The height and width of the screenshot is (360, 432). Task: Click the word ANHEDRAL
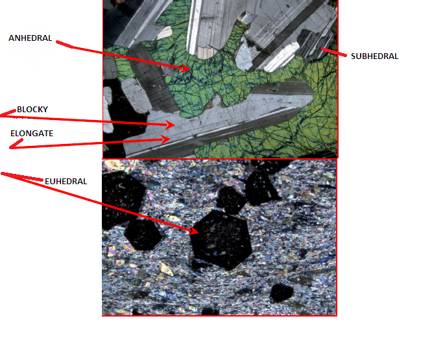point(30,38)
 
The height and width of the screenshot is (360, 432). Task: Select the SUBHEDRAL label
point(374,56)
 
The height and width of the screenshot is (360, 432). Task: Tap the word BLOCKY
point(32,110)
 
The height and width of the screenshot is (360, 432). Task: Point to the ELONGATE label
point(32,134)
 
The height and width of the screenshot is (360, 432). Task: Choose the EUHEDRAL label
point(66,181)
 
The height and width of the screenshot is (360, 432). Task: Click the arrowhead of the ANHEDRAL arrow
point(185,68)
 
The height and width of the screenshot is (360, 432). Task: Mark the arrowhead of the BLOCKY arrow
point(170,125)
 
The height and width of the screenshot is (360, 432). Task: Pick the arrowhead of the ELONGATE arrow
point(166,139)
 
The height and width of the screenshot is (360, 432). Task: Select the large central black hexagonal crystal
point(221,239)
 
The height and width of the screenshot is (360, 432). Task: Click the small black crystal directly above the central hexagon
point(231,200)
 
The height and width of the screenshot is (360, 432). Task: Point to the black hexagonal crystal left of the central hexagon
point(143,234)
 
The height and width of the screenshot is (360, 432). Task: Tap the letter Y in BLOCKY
point(45,110)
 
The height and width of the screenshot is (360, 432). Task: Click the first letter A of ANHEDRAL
point(12,38)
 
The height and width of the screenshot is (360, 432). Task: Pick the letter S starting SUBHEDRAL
point(354,56)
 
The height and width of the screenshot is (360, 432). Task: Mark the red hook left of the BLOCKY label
point(8,113)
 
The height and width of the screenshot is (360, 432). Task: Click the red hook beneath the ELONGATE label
point(16,144)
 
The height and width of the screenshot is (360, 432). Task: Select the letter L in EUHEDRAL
point(85,181)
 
